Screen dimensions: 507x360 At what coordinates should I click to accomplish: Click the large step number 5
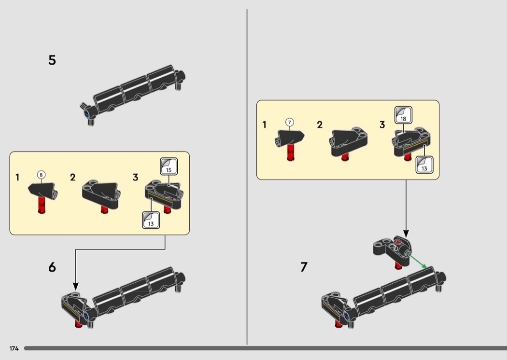point(52,60)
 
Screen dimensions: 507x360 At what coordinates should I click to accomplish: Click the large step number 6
point(52,267)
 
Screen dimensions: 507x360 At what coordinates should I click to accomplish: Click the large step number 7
point(304,267)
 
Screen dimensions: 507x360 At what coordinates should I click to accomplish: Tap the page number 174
point(14,348)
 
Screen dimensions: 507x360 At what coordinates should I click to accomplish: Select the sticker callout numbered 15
point(169,166)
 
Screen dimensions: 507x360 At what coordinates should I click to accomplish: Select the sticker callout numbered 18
point(403,115)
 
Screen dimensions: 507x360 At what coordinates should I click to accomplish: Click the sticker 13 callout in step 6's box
point(151,220)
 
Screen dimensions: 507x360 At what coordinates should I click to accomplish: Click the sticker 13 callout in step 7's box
point(424,165)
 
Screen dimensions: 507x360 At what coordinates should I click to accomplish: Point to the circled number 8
point(41,175)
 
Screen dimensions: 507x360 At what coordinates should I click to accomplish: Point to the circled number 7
point(289,122)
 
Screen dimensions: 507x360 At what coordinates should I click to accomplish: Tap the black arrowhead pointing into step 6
point(76,286)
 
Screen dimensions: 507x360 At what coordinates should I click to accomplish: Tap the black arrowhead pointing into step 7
point(406,234)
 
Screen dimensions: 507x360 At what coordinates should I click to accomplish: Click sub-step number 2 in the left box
point(73,178)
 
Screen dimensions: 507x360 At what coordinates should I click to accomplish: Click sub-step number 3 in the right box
point(382,125)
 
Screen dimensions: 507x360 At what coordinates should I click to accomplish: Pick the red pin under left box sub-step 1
point(42,204)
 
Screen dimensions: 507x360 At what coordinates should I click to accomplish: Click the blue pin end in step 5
point(86,113)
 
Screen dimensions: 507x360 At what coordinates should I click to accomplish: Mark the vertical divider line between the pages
point(247,177)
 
